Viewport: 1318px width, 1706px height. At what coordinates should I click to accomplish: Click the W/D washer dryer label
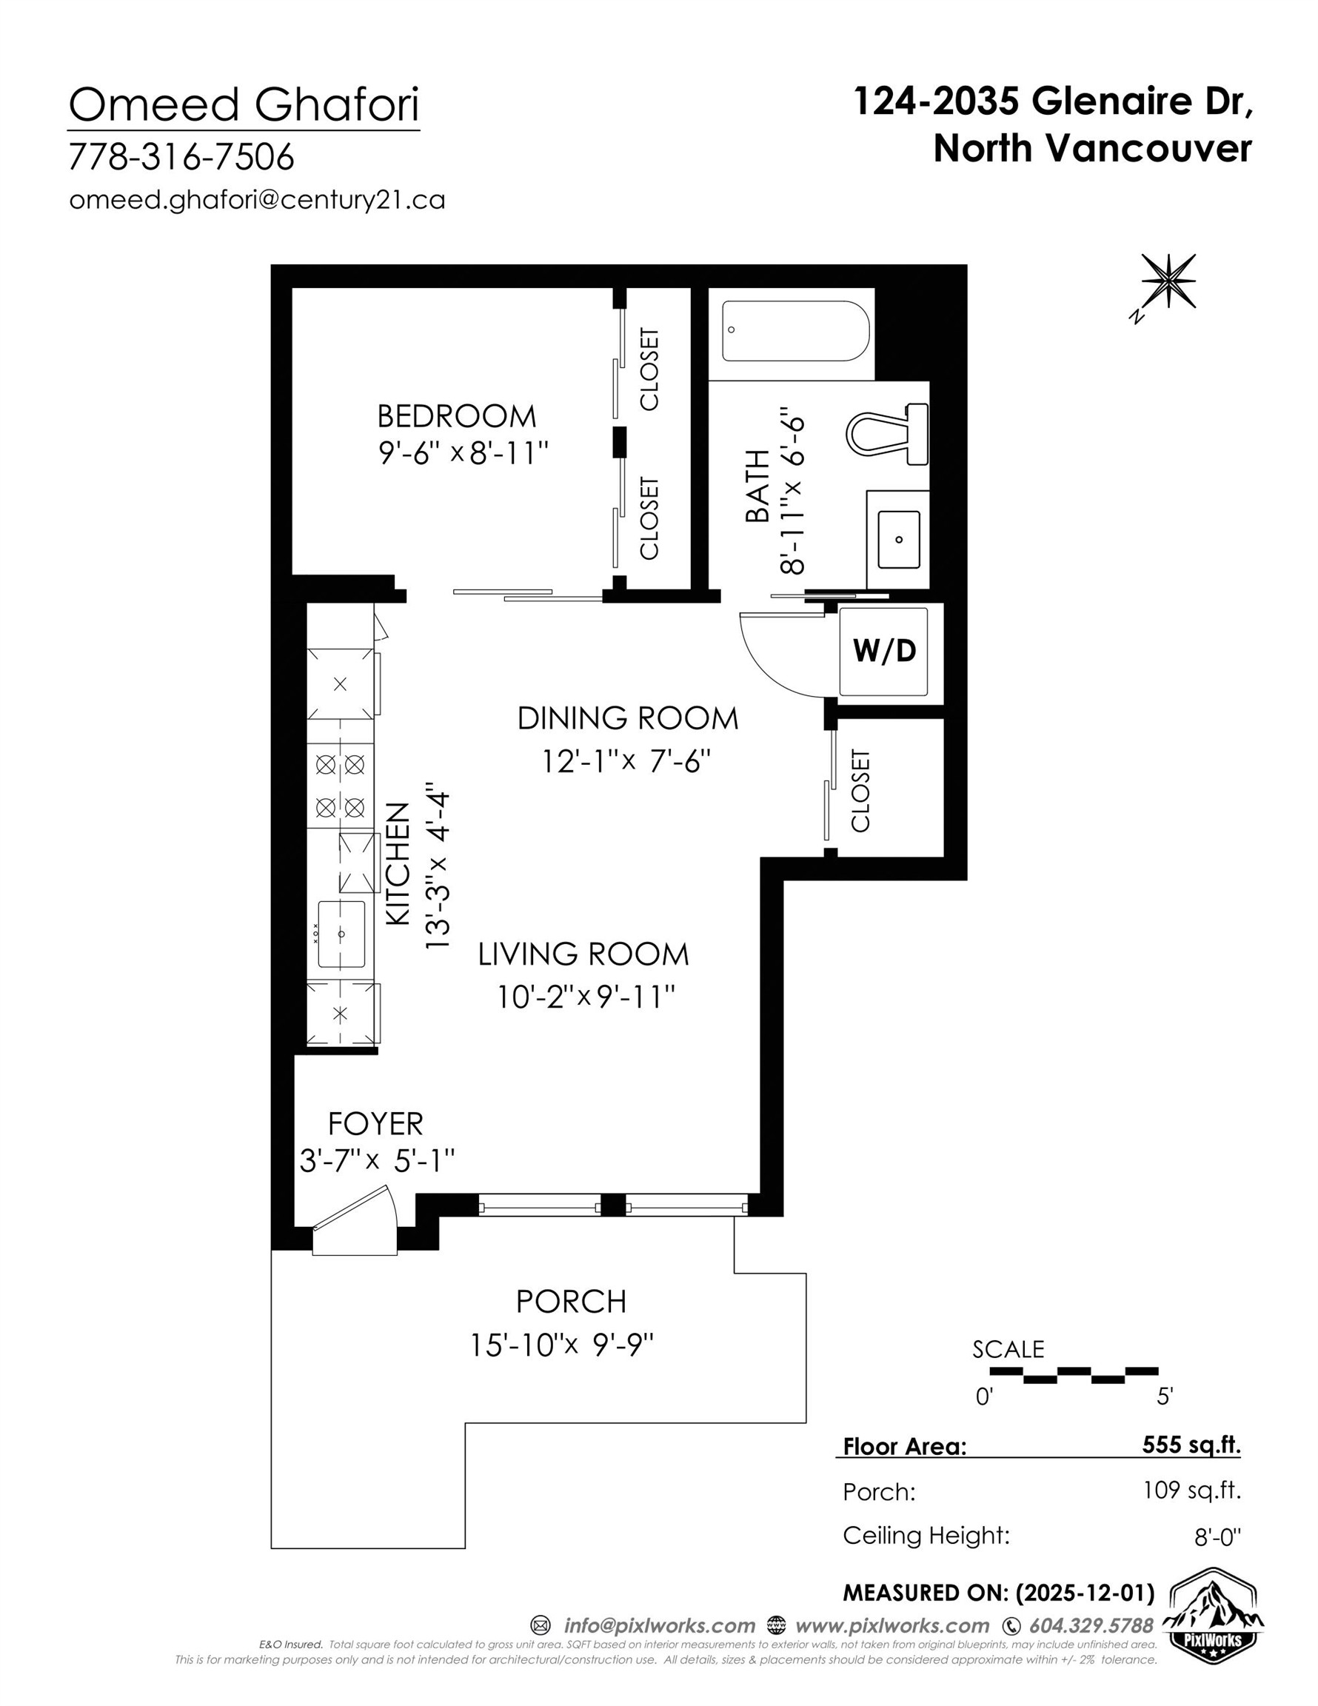tap(883, 650)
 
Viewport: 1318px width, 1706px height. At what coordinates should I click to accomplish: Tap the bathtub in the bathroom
tap(795, 331)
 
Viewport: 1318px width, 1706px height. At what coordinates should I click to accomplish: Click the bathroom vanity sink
tap(898, 539)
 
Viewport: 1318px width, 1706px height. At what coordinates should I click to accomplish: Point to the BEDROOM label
tap(456, 416)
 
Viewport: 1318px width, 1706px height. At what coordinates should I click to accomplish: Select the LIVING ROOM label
tap(583, 954)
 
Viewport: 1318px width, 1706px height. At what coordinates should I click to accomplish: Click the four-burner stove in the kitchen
tap(340, 785)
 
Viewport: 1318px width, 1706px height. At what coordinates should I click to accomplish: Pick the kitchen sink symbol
tap(341, 934)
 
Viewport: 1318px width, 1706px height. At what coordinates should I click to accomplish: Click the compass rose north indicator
tap(1167, 281)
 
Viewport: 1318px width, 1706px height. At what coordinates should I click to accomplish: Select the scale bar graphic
tap(1074, 1375)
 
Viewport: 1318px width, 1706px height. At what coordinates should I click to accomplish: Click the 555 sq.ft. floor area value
tap(1191, 1445)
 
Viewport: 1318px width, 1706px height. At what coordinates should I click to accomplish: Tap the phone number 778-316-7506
tap(181, 157)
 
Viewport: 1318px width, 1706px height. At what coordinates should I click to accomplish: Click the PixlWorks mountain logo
tap(1213, 1610)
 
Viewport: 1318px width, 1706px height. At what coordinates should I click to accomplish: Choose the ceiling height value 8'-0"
tap(1217, 1537)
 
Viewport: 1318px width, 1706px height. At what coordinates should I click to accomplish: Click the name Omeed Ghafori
tap(244, 104)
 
